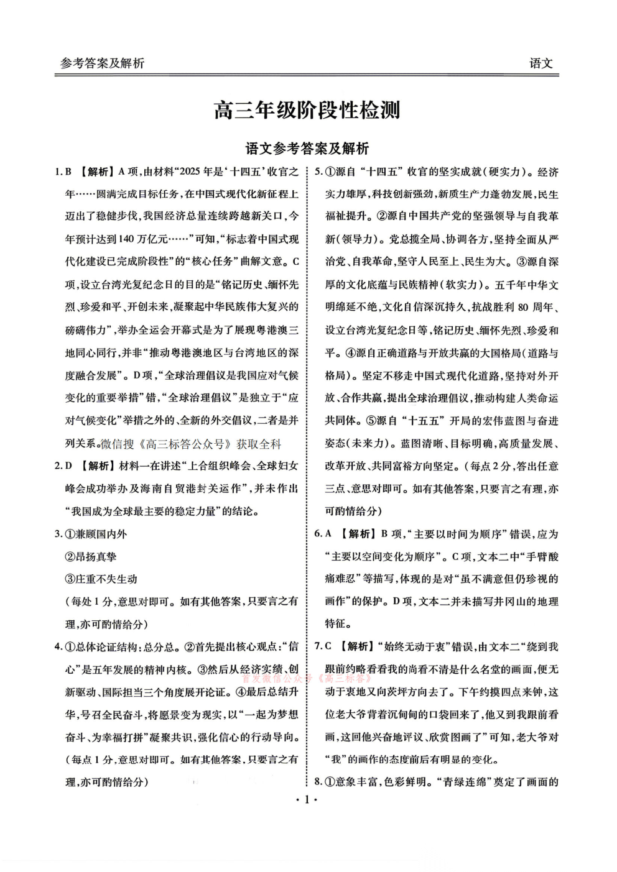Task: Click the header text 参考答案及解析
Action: point(102,63)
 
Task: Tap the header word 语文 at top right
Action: point(540,63)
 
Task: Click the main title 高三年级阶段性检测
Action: point(307,111)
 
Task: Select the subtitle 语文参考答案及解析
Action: point(307,149)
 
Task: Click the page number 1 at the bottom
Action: point(307,800)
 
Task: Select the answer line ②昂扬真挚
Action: point(91,557)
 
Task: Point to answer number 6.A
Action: point(323,534)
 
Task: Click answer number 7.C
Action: point(323,647)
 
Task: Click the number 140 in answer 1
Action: point(126,239)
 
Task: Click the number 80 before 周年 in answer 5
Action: point(522,308)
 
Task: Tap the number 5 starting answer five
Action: point(318,172)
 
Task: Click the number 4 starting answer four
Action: point(58,647)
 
